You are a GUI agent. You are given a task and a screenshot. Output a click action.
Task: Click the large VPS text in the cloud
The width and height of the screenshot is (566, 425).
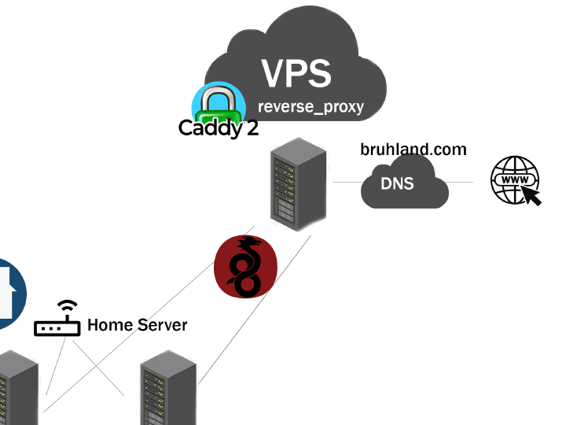tap(296, 72)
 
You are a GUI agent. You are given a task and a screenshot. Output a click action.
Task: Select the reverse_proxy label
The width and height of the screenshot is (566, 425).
tap(311, 106)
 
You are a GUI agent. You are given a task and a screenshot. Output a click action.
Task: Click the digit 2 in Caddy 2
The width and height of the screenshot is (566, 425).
tap(252, 128)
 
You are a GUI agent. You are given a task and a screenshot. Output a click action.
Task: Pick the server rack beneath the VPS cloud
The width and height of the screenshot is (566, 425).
tap(296, 187)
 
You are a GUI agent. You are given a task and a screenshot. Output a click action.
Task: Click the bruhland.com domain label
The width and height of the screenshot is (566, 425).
tap(413, 150)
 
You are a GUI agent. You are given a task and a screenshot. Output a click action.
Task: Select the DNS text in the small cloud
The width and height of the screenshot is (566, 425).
tap(397, 183)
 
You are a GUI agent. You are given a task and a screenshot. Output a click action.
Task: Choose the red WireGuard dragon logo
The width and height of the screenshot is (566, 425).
tap(246, 267)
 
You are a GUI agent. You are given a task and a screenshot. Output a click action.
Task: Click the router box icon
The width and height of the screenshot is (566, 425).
tap(57, 327)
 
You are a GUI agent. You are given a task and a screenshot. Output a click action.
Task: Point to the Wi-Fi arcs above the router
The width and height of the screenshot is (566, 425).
tap(68, 305)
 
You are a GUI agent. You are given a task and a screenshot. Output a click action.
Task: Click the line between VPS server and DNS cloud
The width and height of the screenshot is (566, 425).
tap(346, 183)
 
